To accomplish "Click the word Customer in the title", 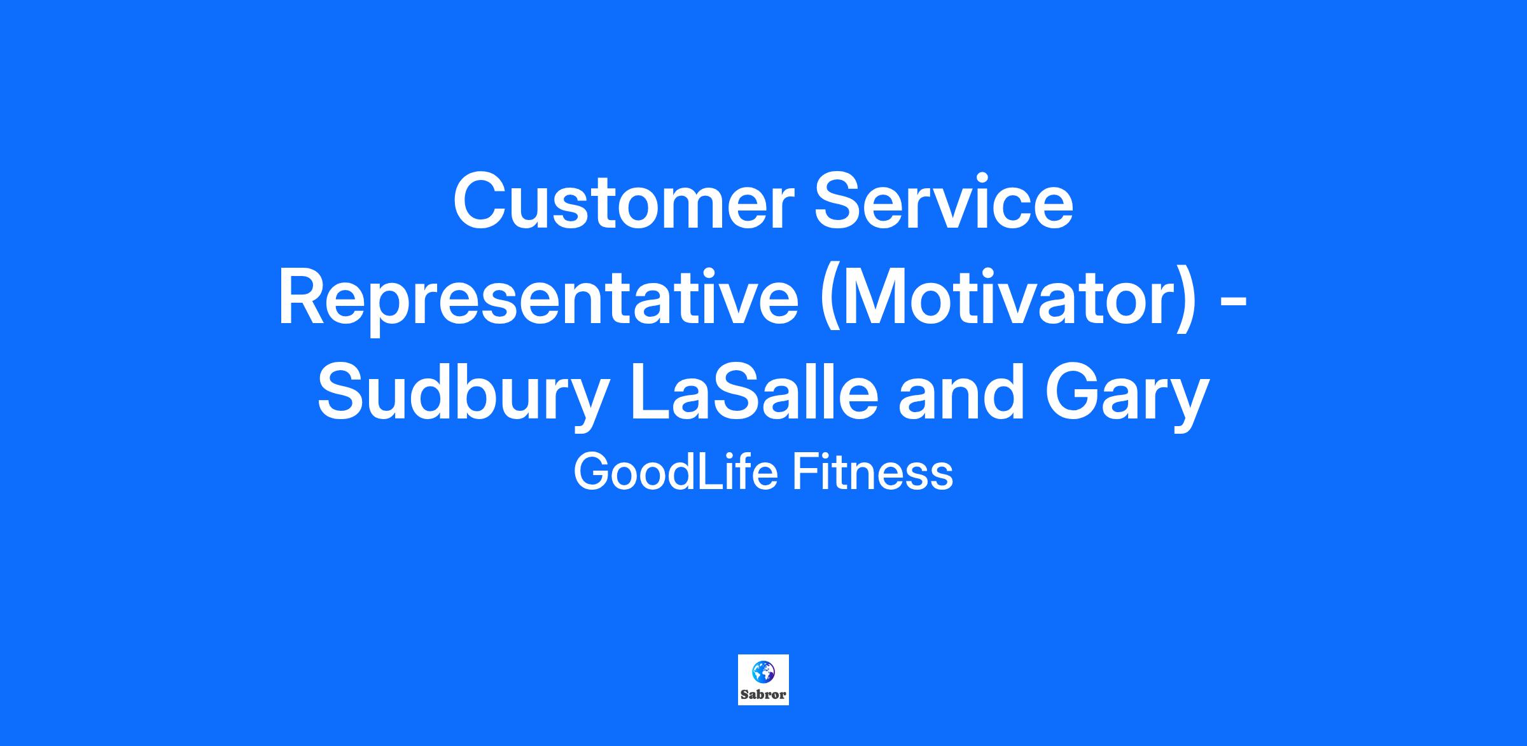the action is tap(624, 201).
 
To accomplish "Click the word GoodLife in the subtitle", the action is tap(676, 473).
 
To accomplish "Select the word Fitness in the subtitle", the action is tap(872, 473).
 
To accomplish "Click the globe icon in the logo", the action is tap(763, 671).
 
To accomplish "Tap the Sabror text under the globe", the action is tap(763, 694).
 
